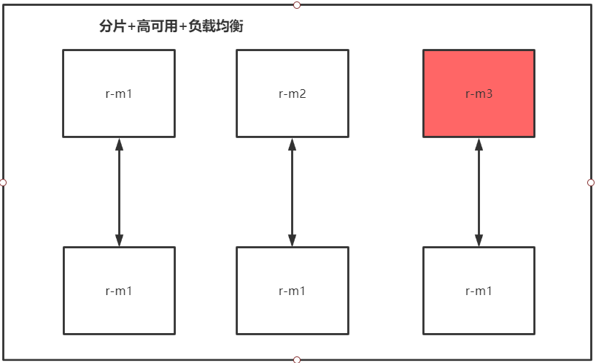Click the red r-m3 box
[479, 93]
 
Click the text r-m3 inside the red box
[479, 93]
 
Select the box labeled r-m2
[293, 93]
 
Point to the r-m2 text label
[293, 93]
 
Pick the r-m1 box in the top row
[119, 93]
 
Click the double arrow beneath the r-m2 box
[293, 192]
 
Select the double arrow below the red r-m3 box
[479, 192]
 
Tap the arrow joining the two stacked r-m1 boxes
[119, 192]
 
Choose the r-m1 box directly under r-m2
[293, 291]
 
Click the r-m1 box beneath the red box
[479, 291]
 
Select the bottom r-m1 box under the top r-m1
[119, 291]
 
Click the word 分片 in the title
[112, 26]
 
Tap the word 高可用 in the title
[157, 26]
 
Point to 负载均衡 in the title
[215, 26]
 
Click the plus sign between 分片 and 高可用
[131, 27]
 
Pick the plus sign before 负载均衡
[183, 27]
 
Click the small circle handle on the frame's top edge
[297, 5]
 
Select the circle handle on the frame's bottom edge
[297, 359]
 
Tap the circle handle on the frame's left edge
[3, 183]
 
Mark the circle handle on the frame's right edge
[591, 183]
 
